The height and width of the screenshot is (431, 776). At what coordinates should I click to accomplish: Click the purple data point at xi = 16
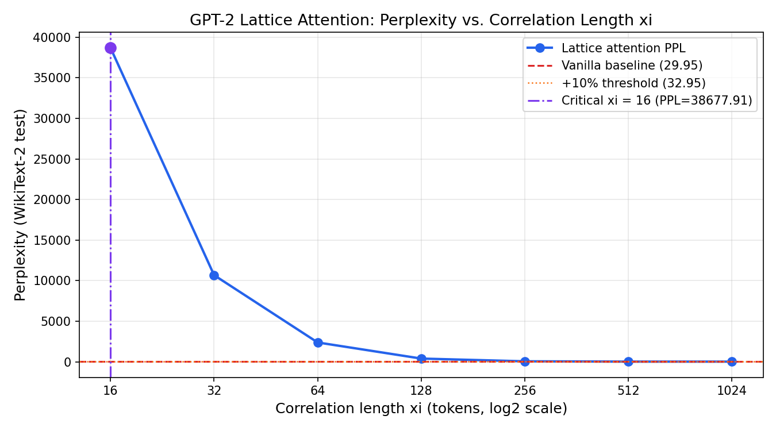click(110, 48)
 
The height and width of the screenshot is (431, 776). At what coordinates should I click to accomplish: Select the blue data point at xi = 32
click(214, 275)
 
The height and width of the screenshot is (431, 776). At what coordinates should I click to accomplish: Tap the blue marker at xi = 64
click(318, 343)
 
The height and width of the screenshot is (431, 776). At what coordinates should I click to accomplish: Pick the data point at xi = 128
click(421, 359)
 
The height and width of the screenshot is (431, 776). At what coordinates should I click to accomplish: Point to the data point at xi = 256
click(525, 361)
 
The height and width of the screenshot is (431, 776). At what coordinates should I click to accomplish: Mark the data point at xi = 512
click(628, 361)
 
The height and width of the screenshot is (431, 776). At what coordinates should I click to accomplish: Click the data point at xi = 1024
click(732, 361)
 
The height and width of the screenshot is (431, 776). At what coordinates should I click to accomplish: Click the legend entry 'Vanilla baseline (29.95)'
click(632, 66)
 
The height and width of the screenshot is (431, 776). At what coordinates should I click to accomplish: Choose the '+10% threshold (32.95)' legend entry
click(633, 83)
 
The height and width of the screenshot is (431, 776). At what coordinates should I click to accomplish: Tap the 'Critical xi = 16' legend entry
click(656, 101)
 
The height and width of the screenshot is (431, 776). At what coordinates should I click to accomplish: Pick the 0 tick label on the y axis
click(67, 362)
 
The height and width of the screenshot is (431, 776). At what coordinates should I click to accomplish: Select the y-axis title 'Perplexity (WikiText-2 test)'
click(21, 205)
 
